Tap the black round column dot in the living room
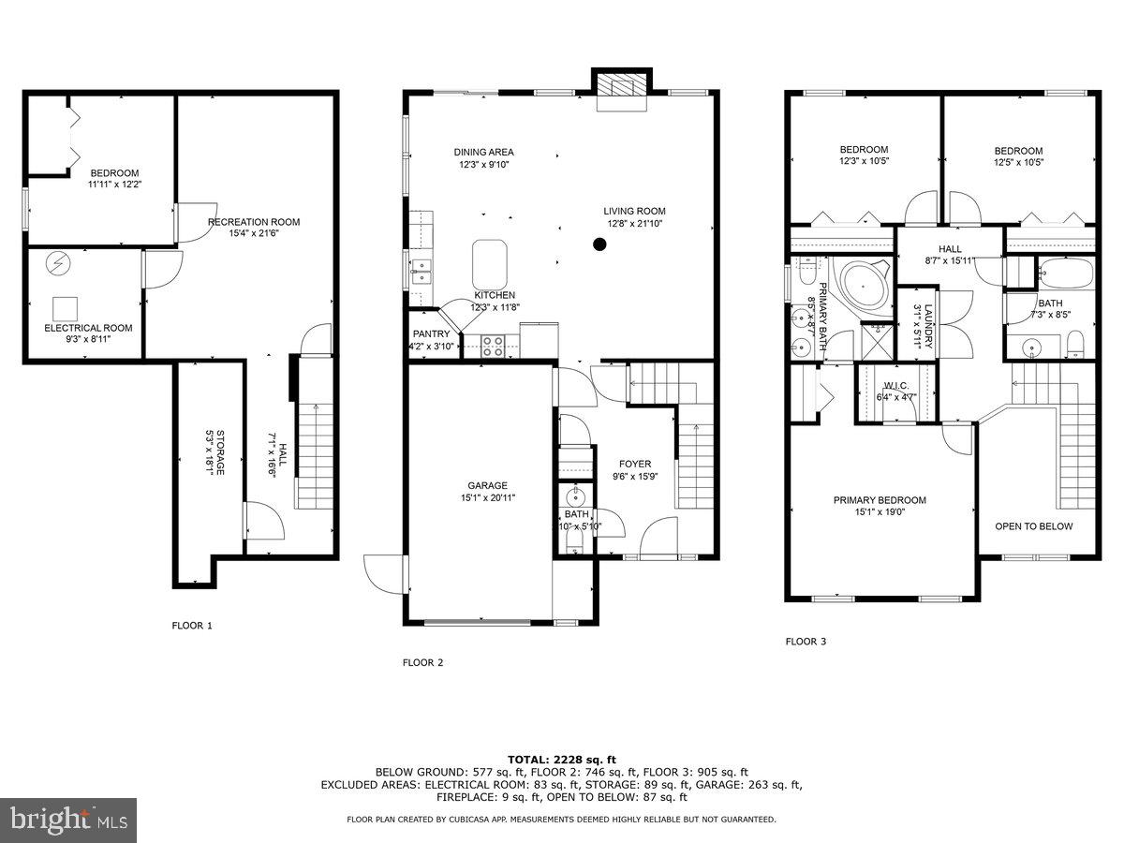pos(599,244)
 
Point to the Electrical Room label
pos(88,328)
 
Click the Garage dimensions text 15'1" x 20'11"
pos(487,497)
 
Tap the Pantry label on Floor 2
pos(431,334)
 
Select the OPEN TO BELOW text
pos(1034,526)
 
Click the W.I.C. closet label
pos(896,386)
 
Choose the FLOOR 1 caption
pos(192,625)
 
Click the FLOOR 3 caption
pos(806,642)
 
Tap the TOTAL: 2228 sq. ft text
pos(561,759)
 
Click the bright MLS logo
pos(68,821)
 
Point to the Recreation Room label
pos(253,222)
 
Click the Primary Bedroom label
pos(880,500)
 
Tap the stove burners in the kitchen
pos(493,345)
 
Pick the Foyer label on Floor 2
pos(634,464)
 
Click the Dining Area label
pos(483,152)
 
